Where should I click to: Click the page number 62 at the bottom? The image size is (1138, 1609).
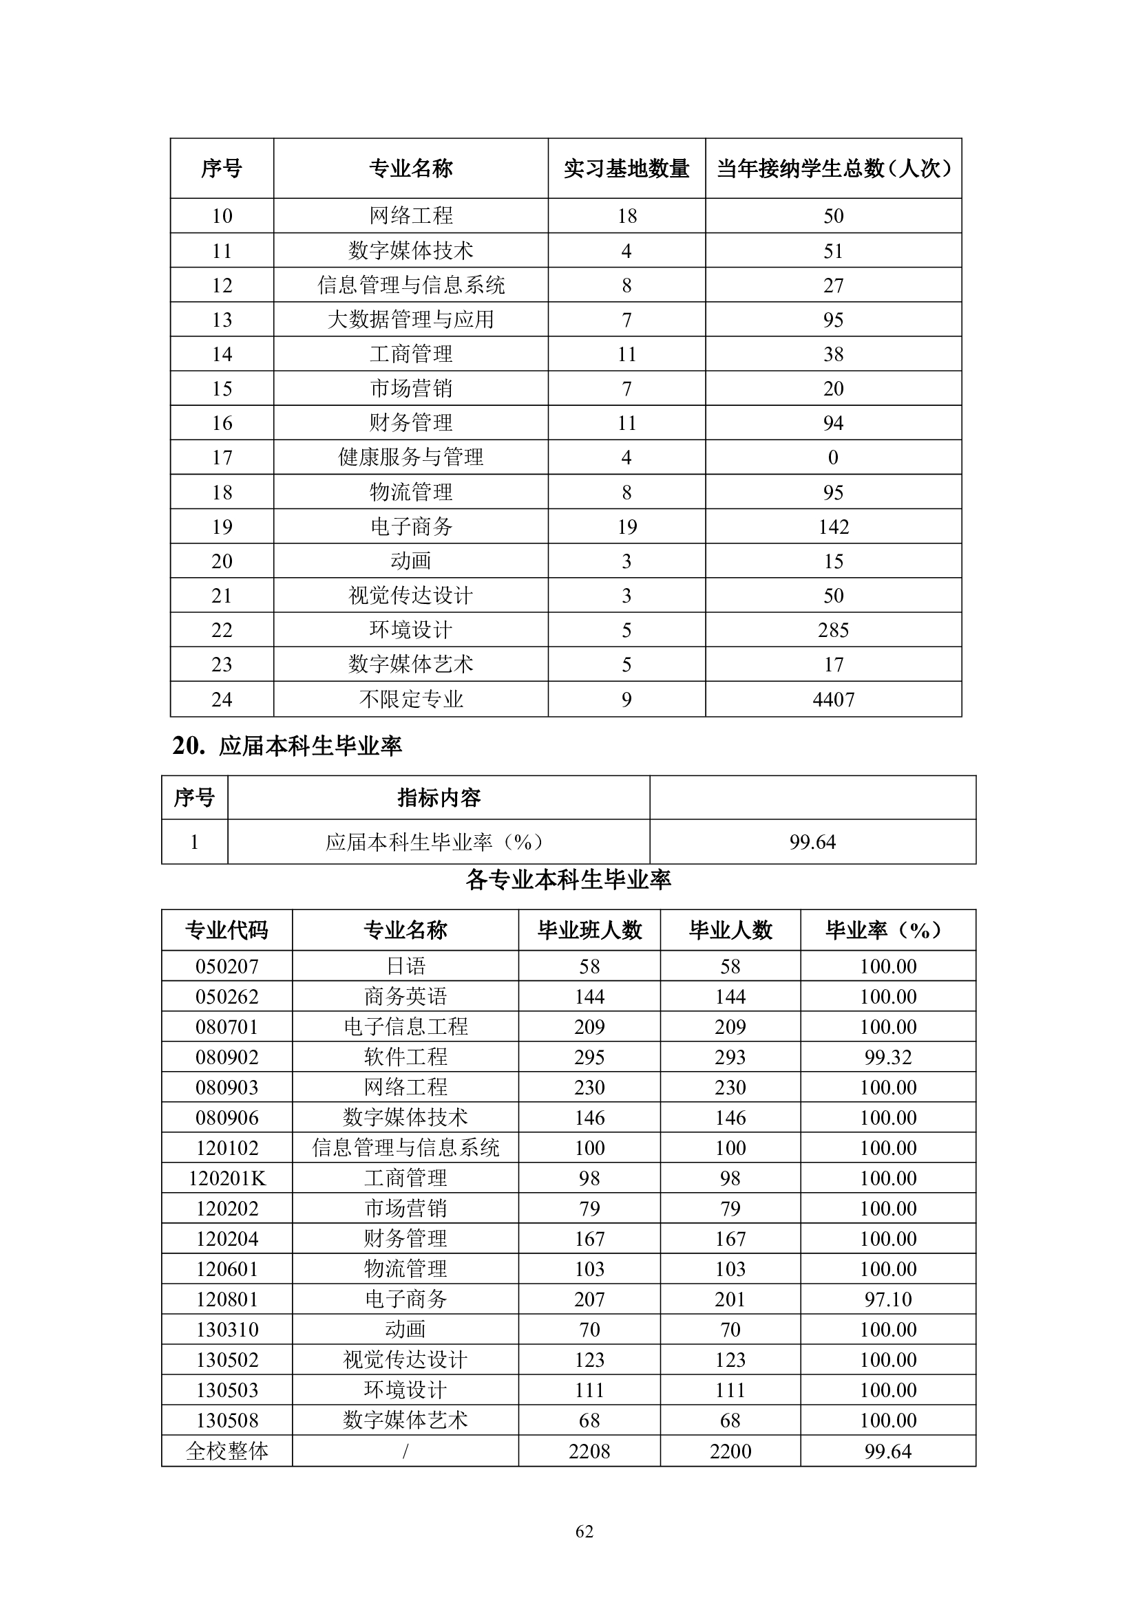tap(584, 1531)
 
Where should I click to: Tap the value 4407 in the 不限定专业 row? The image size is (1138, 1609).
tap(833, 700)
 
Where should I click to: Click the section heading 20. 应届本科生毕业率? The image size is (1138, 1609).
tap(288, 746)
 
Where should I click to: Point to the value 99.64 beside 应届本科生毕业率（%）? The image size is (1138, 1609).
tap(812, 841)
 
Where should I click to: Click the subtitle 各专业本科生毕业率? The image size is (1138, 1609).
tap(568, 880)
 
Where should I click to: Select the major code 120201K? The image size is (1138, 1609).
tap(226, 1178)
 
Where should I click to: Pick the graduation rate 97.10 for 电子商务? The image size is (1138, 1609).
tap(887, 1299)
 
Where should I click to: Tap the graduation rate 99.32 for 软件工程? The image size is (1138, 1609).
tap(887, 1057)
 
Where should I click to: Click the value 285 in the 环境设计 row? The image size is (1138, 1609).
tap(833, 630)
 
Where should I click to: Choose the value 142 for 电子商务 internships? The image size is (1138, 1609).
tap(833, 527)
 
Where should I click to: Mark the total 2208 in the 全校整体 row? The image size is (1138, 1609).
tap(589, 1451)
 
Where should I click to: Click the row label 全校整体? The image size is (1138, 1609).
tap(226, 1451)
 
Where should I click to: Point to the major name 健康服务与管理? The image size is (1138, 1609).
tap(411, 457)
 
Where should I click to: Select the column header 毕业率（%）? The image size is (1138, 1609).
tap(887, 930)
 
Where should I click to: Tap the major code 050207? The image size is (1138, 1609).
tap(226, 967)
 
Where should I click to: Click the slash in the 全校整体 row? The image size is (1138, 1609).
tap(405, 1451)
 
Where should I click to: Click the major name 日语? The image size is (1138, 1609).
tap(405, 967)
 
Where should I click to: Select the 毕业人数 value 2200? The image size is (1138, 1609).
tap(730, 1451)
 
